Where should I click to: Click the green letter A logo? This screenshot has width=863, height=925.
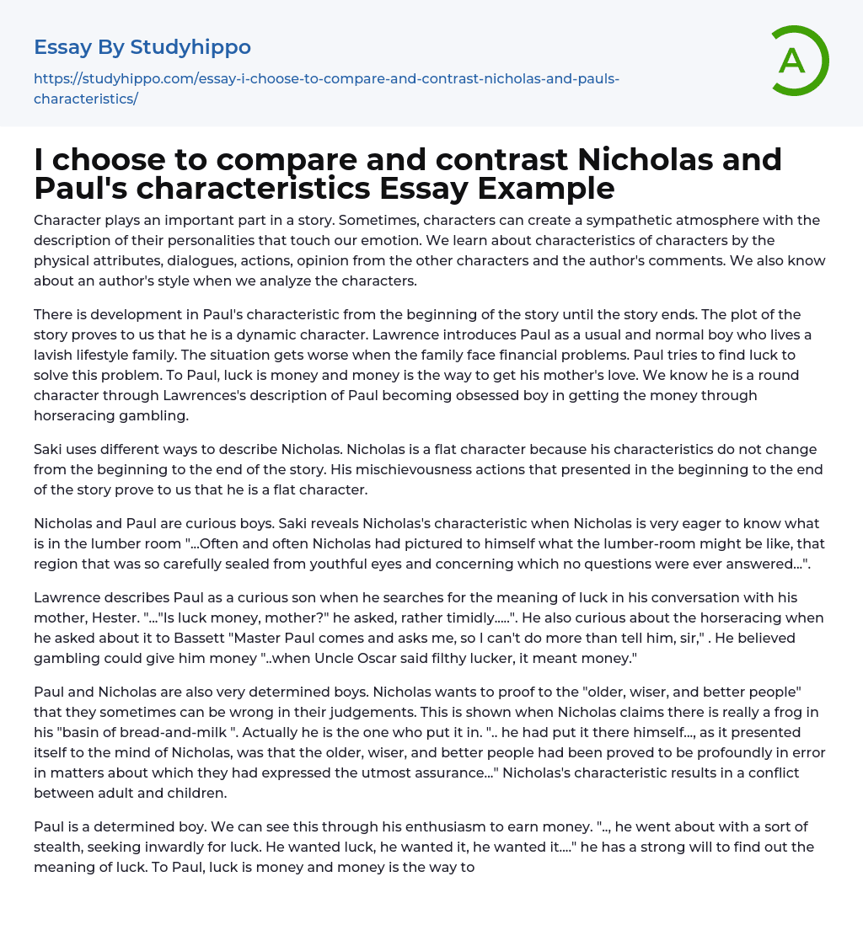(x=793, y=61)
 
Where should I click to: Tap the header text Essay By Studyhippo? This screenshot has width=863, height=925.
(x=142, y=47)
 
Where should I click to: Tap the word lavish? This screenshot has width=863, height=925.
(x=54, y=355)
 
